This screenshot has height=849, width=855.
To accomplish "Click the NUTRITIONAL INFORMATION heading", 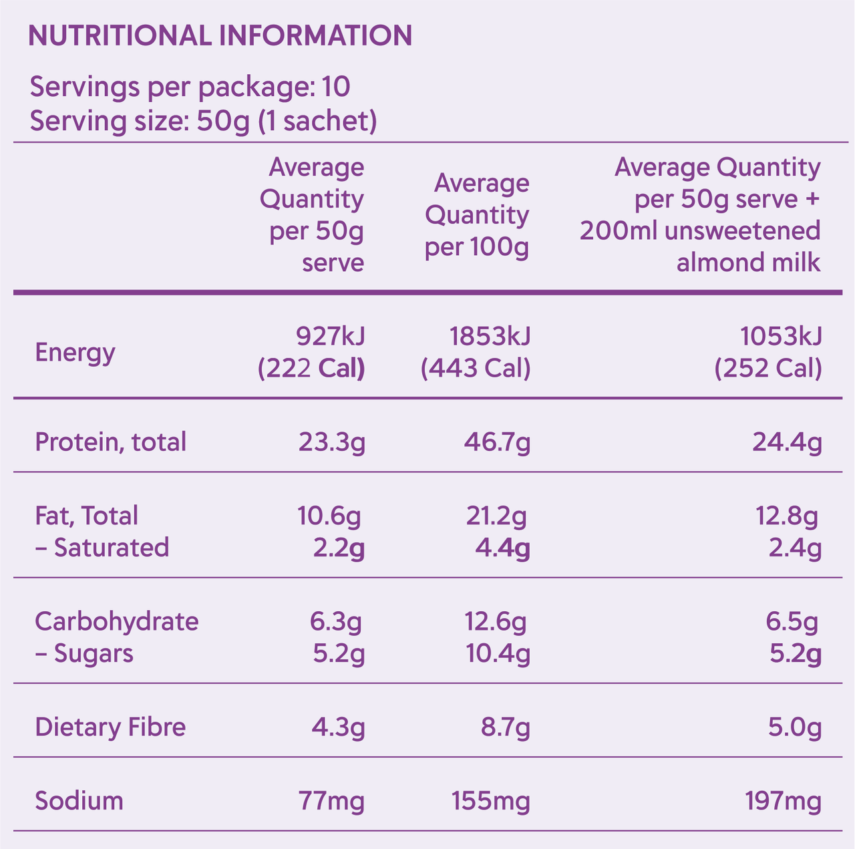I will click(x=220, y=36).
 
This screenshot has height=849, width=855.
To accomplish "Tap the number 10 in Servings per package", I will click(x=336, y=88).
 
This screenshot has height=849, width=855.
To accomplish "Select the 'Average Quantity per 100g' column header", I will click(x=477, y=215).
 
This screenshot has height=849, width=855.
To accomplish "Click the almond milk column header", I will click(x=700, y=215).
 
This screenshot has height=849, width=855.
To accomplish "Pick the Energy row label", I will click(x=75, y=352).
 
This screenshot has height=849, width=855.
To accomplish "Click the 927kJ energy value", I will click(x=330, y=337).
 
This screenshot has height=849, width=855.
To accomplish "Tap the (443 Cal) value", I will click(x=476, y=368).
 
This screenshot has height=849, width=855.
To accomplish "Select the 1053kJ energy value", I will click(x=781, y=337).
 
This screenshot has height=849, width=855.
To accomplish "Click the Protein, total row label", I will click(x=111, y=442).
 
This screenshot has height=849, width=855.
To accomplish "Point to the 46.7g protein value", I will click(x=497, y=442).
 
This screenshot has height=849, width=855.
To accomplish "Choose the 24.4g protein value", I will click(x=787, y=442).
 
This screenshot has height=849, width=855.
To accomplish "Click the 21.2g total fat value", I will click(x=496, y=516).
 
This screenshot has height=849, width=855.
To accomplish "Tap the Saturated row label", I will click(x=103, y=548).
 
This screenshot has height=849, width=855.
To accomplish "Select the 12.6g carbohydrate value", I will click(x=496, y=622).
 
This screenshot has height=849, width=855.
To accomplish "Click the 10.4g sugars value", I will click(x=498, y=653).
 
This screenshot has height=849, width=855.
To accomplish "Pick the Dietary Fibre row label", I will click(x=110, y=727).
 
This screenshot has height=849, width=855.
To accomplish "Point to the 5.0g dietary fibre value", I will click(x=794, y=727).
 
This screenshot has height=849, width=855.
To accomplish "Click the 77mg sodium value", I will click(x=331, y=800).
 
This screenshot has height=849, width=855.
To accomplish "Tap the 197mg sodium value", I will click(x=783, y=800).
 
